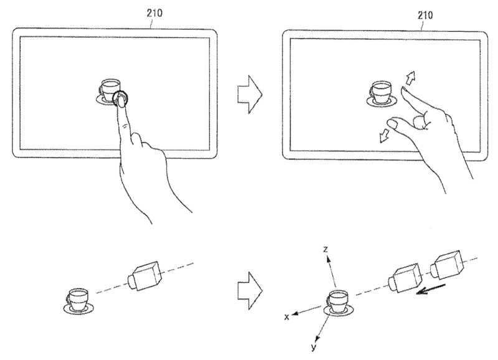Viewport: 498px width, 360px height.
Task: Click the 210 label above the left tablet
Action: (x=154, y=12)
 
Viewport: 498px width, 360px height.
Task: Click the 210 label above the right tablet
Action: (x=425, y=15)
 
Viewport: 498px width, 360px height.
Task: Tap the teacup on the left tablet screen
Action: (x=109, y=90)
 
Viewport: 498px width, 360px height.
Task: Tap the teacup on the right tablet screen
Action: (x=382, y=93)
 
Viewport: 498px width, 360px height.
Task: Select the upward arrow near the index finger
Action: (x=410, y=77)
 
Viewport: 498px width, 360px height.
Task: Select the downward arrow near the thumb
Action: (x=385, y=135)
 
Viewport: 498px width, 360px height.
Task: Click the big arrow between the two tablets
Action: (x=250, y=95)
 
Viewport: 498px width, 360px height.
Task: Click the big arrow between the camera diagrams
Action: (x=250, y=290)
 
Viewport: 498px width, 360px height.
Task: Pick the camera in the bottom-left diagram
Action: (x=145, y=276)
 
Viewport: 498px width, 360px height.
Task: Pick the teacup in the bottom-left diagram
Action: (x=78, y=301)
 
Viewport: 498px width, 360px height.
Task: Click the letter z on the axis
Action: (x=325, y=249)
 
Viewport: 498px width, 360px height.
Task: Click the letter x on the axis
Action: (x=286, y=317)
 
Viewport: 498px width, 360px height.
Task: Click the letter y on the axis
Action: (x=314, y=347)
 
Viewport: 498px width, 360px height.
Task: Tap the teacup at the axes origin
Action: (x=338, y=303)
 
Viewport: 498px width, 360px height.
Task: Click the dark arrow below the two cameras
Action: (x=431, y=290)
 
